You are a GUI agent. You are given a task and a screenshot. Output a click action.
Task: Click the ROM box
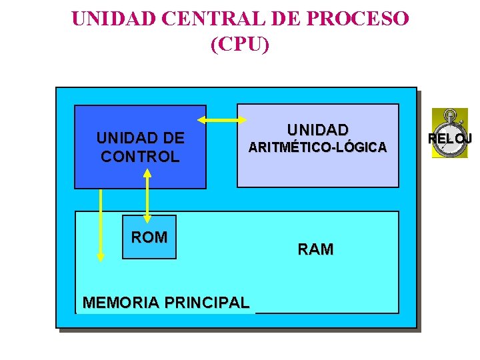(149, 237)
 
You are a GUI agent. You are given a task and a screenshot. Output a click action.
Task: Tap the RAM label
(315, 249)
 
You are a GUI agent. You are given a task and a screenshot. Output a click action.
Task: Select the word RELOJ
(451, 139)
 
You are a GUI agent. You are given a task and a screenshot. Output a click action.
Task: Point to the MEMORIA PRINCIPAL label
(165, 303)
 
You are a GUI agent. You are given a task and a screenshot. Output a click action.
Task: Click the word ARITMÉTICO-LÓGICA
(317, 147)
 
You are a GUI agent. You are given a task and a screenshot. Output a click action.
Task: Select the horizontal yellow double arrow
(221, 120)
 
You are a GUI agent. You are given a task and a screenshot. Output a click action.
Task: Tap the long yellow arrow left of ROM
(101, 224)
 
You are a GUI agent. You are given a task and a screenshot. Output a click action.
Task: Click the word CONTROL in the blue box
(140, 157)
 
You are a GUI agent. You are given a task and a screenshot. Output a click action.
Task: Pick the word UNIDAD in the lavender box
(317, 129)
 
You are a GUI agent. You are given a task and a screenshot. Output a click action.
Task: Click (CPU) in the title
(240, 45)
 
